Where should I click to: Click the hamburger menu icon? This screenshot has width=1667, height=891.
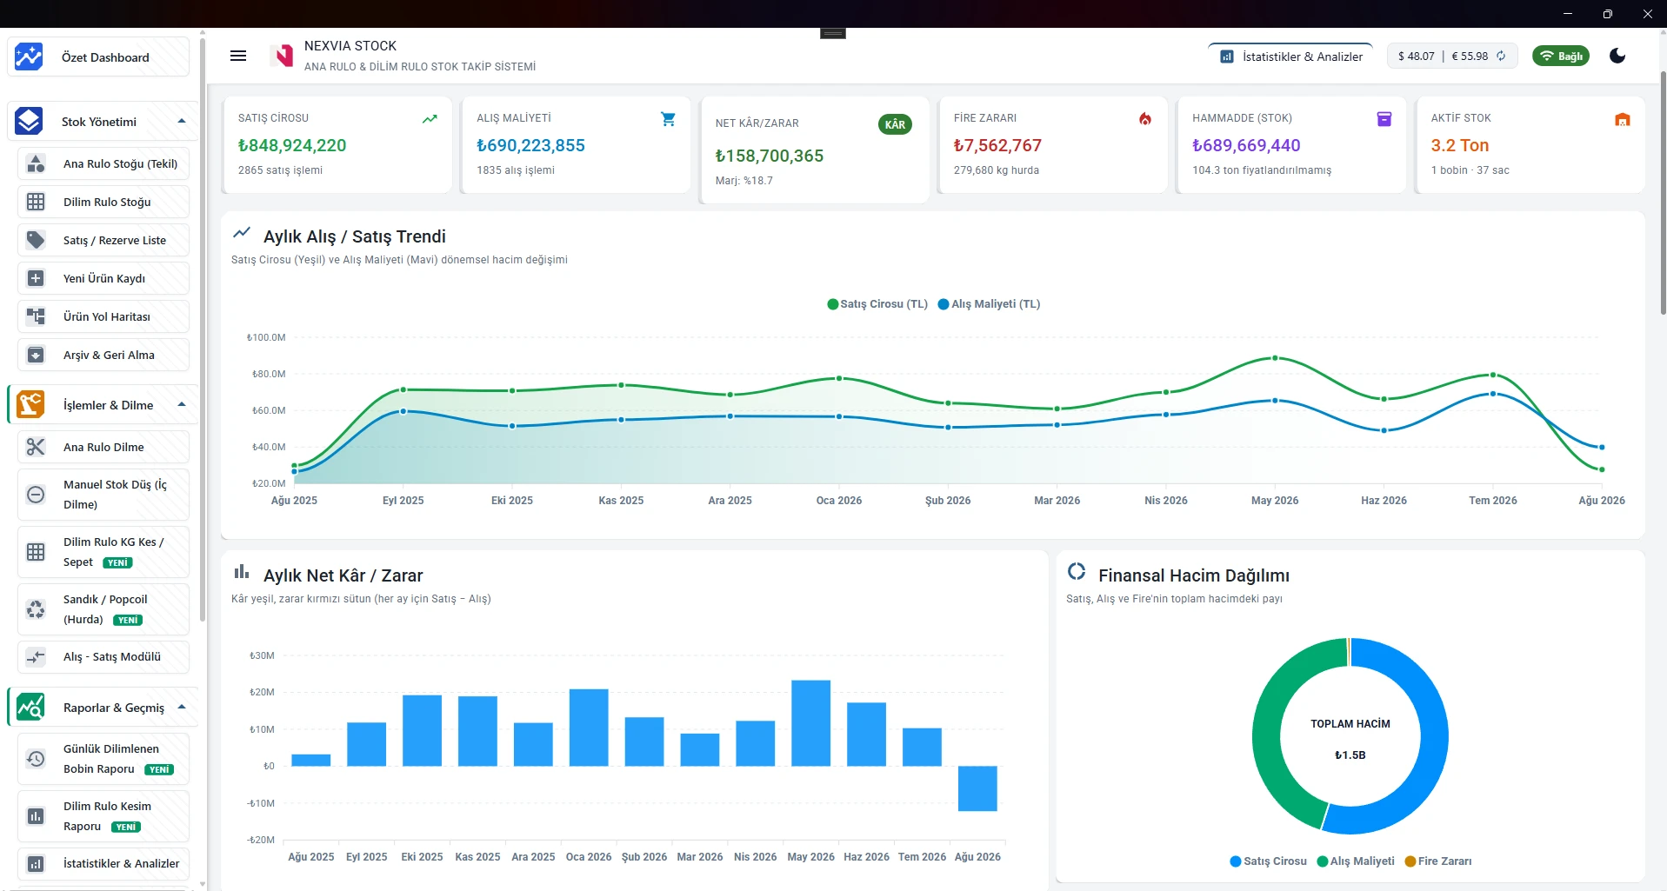point(238,56)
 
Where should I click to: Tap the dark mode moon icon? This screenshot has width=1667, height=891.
point(1617,56)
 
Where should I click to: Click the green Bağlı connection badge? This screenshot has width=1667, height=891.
point(1561,57)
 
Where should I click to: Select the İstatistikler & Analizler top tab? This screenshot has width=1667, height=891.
point(1291,57)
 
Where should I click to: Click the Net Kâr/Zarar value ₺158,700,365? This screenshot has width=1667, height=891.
point(770,156)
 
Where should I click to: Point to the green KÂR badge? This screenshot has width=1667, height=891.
point(895,124)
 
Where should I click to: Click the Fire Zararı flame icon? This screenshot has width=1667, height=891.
point(1145,119)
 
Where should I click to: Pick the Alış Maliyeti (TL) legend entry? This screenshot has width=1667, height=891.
point(989,304)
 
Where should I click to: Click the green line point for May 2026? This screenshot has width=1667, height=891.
point(1275,358)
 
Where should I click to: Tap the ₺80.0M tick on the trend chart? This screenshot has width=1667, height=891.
point(269,374)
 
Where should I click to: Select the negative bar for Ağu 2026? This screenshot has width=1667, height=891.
point(977,788)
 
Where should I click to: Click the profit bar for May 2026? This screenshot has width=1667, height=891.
point(810,723)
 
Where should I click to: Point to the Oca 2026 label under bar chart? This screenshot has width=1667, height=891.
point(589,857)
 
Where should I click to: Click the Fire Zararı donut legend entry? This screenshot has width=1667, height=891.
point(1438,861)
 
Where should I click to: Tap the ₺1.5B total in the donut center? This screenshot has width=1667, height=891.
point(1350,755)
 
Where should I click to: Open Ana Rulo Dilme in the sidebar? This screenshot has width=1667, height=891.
point(103,447)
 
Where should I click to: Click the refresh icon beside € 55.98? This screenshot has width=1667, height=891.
point(1501,56)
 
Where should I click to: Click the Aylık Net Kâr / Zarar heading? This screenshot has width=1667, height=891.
point(343,575)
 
